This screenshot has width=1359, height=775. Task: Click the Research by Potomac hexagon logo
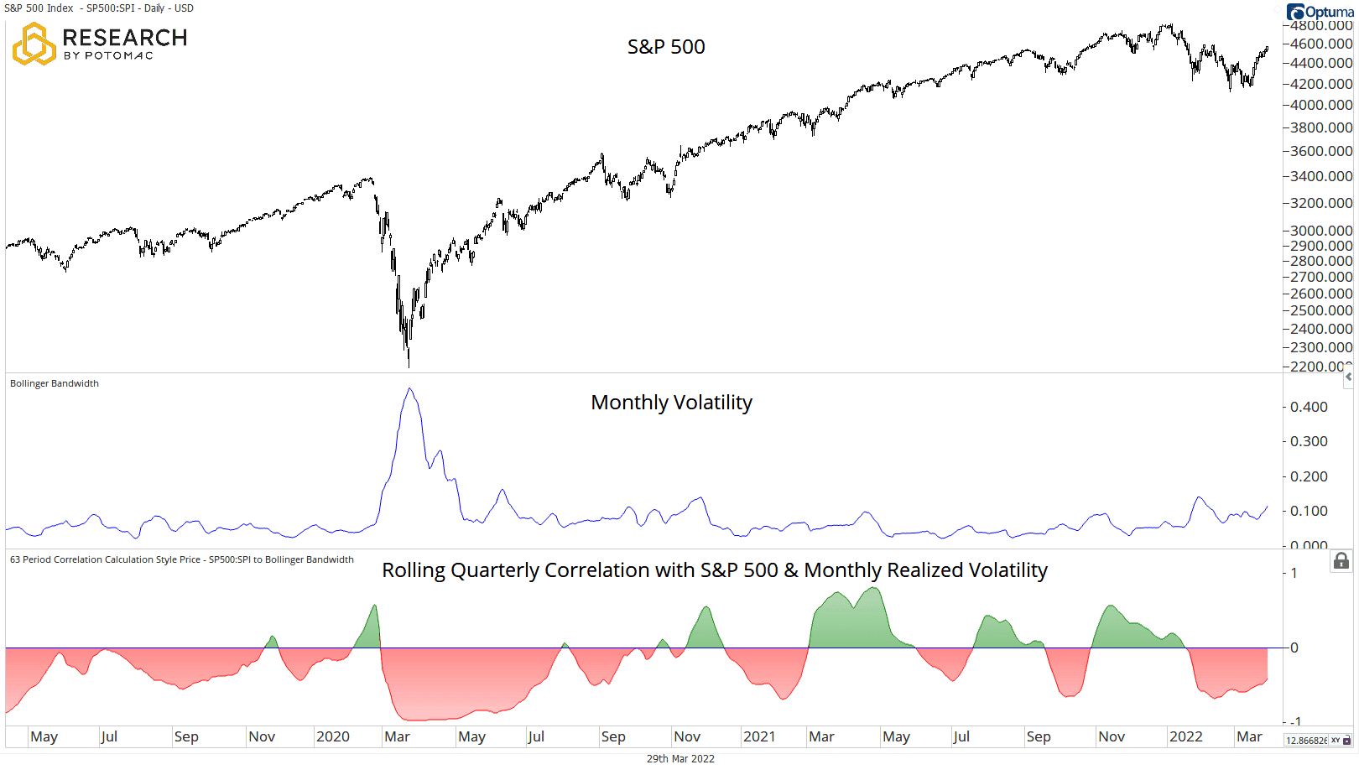(x=34, y=44)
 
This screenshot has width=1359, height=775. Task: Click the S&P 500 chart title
(x=666, y=47)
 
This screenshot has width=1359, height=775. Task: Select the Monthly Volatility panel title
(x=671, y=403)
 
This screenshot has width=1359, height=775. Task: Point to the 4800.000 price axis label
(x=1320, y=26)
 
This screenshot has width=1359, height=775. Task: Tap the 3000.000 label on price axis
(x=1320, y=231)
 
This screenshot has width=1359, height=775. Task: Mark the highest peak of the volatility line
(x=409, y=389)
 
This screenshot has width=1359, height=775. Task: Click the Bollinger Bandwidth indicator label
(x=55, y=383)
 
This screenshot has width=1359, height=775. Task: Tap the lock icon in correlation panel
(x=1341, y=561)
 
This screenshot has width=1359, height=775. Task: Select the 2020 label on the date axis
(x=332, y=736)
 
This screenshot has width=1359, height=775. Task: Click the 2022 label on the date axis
(x=1185, y=736)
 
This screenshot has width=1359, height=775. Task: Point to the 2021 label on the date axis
(x=759, y=736)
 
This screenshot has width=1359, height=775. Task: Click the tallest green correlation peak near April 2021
(x=875, y=589)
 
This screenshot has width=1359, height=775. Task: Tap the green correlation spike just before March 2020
(x=374, y=606)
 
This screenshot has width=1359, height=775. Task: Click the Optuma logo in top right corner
(x=1320, y=12)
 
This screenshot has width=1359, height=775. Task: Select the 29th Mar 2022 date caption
(x=680, y=758)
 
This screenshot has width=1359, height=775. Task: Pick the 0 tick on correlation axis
(x=1294, y=648)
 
